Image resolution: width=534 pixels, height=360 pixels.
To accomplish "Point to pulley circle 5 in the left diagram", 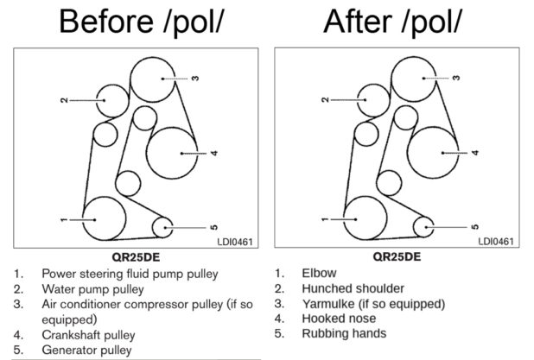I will coord(164,227).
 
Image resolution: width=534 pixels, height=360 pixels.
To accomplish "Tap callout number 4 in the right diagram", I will coord(474,153).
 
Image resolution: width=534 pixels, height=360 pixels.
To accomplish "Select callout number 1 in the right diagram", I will coord(324,220).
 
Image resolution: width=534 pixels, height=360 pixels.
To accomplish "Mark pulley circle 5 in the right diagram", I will coord(425,227).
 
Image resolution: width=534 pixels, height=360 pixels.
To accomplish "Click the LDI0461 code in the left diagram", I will coord(235,241).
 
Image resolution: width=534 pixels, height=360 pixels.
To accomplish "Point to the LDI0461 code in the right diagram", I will coord(496,241).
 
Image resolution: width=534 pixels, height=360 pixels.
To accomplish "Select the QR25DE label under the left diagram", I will coord(136,257).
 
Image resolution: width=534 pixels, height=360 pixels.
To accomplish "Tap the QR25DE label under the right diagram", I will coord(397,257).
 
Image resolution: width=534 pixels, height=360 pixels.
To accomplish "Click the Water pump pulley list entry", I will coord(93,288).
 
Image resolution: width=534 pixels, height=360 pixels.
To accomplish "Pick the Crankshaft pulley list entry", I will coord(89,334).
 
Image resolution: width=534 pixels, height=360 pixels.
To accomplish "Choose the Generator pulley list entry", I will coord(86,350).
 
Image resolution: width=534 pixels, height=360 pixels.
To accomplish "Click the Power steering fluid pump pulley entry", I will coord(130,274).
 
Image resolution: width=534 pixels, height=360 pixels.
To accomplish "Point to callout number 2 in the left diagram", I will coord(64,100).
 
